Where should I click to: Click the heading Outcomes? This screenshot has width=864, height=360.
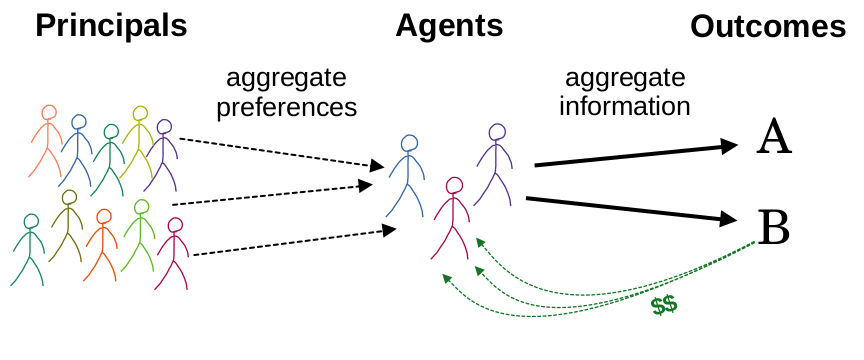[768, 27]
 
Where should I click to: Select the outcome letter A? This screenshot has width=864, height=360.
[774, 138]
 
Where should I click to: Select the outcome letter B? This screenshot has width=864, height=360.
[774, 227]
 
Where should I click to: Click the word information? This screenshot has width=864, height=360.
[625, 105]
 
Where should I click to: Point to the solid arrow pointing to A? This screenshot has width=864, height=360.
[640, 155]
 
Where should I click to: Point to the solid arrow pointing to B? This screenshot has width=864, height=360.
[640, 209]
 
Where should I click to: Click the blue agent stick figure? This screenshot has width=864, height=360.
[406, 175]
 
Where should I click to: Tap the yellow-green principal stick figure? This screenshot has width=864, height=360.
[138, 140]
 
